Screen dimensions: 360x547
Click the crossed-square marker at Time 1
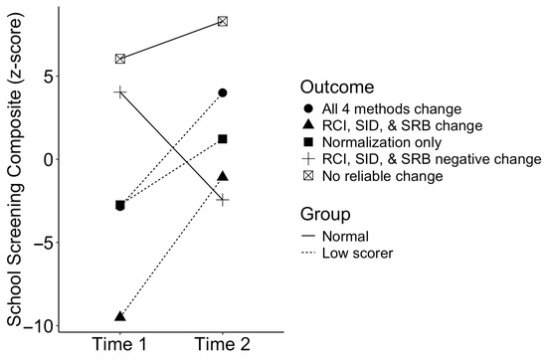click(x=120, y=60)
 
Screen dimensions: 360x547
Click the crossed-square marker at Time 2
click(x=223, y=21)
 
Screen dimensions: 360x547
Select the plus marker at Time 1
click(x=120, y=91)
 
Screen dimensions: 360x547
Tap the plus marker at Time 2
click(x=223, y=200)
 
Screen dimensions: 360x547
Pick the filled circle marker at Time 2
click(x=223, y=92)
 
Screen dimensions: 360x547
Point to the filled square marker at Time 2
click(x=223, y=138)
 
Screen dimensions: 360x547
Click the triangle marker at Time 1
click(x=120, y=316)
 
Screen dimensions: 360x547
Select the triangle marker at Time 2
click(x=223, y=176)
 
